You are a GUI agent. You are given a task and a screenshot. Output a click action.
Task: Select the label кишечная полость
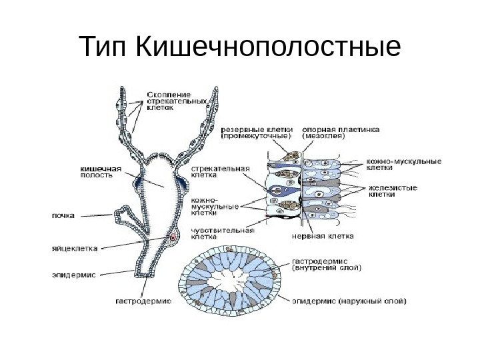coord(97,173)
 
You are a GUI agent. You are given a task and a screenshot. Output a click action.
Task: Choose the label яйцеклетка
coord(75,249)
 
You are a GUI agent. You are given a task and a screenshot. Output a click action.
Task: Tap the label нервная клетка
coord(323,235)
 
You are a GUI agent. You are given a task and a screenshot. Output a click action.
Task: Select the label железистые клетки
coord(393,191)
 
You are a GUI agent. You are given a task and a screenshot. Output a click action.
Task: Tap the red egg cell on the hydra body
coord(173,237)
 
